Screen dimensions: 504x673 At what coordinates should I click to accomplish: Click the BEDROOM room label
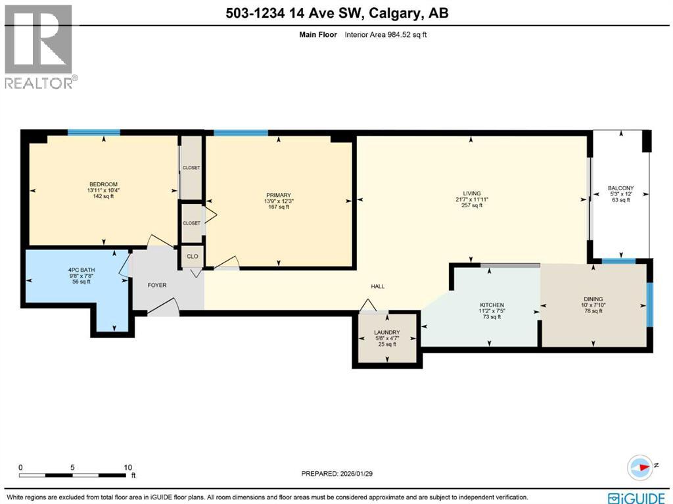click(x=103, y=184)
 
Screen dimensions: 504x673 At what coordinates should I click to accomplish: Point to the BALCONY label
click(x=620, y=187)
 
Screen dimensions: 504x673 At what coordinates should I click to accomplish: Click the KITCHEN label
click(x=492, y=305)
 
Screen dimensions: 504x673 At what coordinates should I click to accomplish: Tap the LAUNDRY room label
click(x=387, y=332)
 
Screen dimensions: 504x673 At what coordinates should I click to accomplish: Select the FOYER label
click(x=157, y=285)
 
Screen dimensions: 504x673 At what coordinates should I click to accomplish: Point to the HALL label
click(x=377, y=286)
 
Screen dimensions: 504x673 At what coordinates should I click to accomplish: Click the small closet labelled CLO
click(x=192, y=257)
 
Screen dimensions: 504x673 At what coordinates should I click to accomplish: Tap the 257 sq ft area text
click(x=471, y=205)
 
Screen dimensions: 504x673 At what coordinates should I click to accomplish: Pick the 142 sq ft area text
click(x=103, y=196)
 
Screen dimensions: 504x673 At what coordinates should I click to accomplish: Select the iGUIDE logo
click(x=638, y=497)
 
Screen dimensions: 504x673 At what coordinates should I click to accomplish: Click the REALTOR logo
click(x=39, y=46)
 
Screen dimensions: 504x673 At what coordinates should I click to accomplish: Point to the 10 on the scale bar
click(x=128, y=467)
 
